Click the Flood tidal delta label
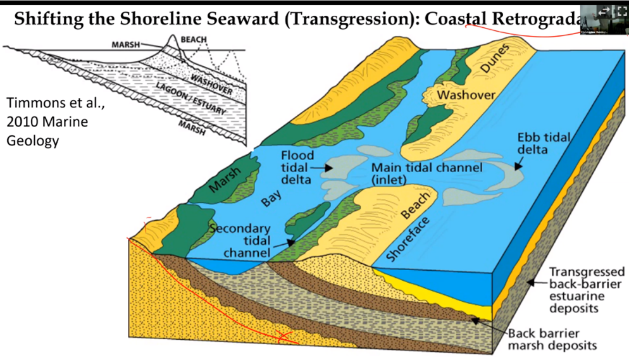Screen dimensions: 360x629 pyautogui.click(x=298, y=168)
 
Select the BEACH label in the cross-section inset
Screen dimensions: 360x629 pyautogui.click(x=194, y=40)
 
